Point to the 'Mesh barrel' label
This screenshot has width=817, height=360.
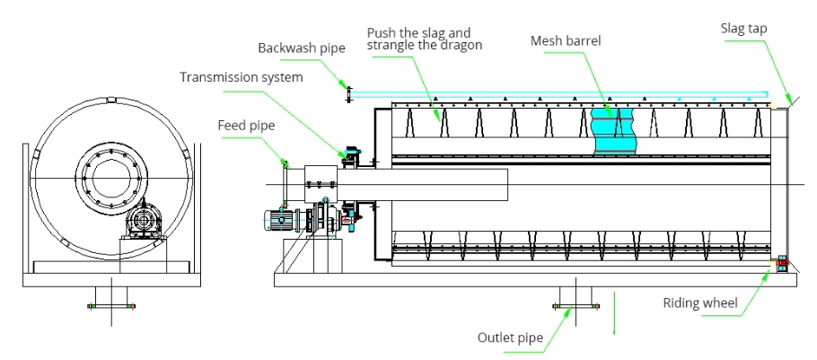(x=565, y=40)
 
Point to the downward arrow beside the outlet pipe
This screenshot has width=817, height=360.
(x=615, y=314)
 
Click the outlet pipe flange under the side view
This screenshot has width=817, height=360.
(x=572, y=306)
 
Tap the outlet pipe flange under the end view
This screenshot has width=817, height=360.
(x=110, y=306)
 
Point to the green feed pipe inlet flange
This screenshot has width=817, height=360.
(x=285, y=162)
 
